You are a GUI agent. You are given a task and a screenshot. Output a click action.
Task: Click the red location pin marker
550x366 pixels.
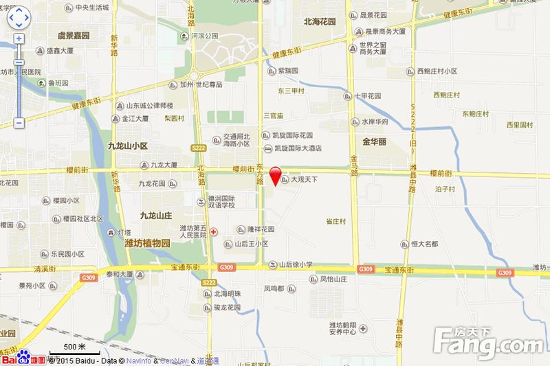pos(274,176)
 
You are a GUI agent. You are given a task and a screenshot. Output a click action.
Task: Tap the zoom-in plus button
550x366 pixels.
pos(19,39)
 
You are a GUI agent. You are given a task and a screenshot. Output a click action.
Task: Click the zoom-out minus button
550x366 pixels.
pos(19,123)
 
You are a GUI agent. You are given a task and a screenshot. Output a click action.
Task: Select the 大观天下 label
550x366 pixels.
pos(303,180)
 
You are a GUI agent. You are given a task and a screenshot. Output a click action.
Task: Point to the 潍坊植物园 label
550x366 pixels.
pos(146,243)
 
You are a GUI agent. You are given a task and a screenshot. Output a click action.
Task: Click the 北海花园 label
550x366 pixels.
pos(320,21)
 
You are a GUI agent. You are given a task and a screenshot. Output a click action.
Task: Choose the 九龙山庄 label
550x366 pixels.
pos(155,215)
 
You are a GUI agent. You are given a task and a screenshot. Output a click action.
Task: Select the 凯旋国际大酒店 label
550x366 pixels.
pos(298,148)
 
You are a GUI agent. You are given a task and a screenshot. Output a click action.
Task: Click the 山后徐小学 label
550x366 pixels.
pos(295,264)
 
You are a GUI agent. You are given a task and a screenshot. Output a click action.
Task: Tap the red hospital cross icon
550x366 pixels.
pos(214,232)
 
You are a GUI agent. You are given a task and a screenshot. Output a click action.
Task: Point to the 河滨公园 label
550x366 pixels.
pos(203,36)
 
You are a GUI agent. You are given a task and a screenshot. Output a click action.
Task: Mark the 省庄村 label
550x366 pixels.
pos(335,221)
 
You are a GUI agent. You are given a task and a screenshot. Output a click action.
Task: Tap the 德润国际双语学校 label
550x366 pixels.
pos(221,201)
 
